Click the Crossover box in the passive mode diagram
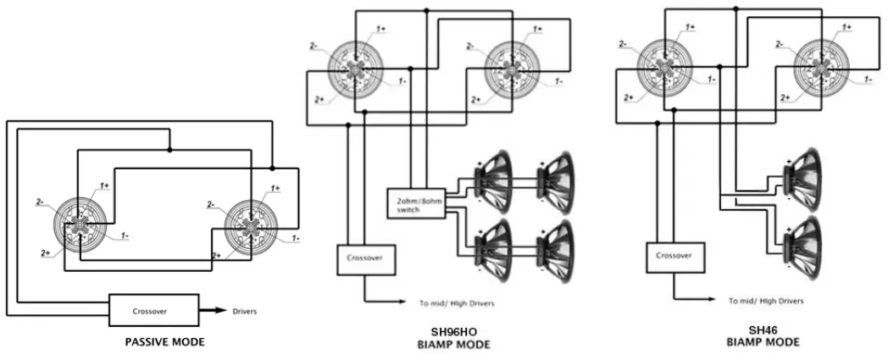(x=153, y=311)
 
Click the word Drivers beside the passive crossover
(x=244, y=312)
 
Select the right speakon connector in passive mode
(x=251, y=226)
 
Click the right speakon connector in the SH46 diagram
(x=821, y=67)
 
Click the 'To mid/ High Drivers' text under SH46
(x=766, y=301)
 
